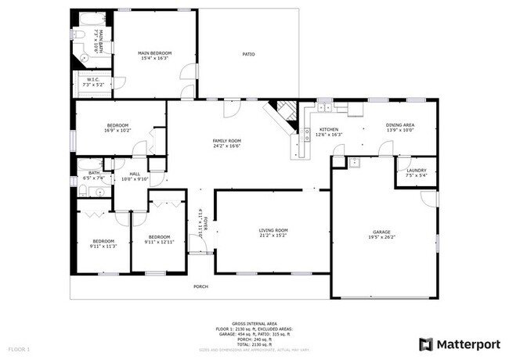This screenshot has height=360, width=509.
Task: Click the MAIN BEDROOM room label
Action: (x=156, y=53)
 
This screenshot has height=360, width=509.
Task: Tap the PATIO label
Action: (x=248, y=54)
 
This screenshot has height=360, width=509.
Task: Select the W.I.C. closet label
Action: (x=93, y=79)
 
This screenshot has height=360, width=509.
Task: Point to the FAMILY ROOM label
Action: (x=226, y=141)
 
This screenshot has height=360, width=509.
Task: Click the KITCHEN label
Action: (x=328, y=129)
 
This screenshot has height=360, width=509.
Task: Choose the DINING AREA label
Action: (x=399, y=125)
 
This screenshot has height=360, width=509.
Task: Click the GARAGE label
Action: (x=381, y=232)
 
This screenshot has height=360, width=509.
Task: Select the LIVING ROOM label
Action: (x=273, y=230)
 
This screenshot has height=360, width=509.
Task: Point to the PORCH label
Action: (x=200, y=287)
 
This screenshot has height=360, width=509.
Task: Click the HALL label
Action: (x=135, y=174)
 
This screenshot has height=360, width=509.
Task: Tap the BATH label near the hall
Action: (x=94, y=173)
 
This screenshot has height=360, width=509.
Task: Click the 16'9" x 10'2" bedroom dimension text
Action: (x=117, y=131)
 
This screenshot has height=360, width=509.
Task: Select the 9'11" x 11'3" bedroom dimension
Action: (x=103, y=246)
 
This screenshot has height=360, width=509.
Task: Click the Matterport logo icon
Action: (x=426, y=344)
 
